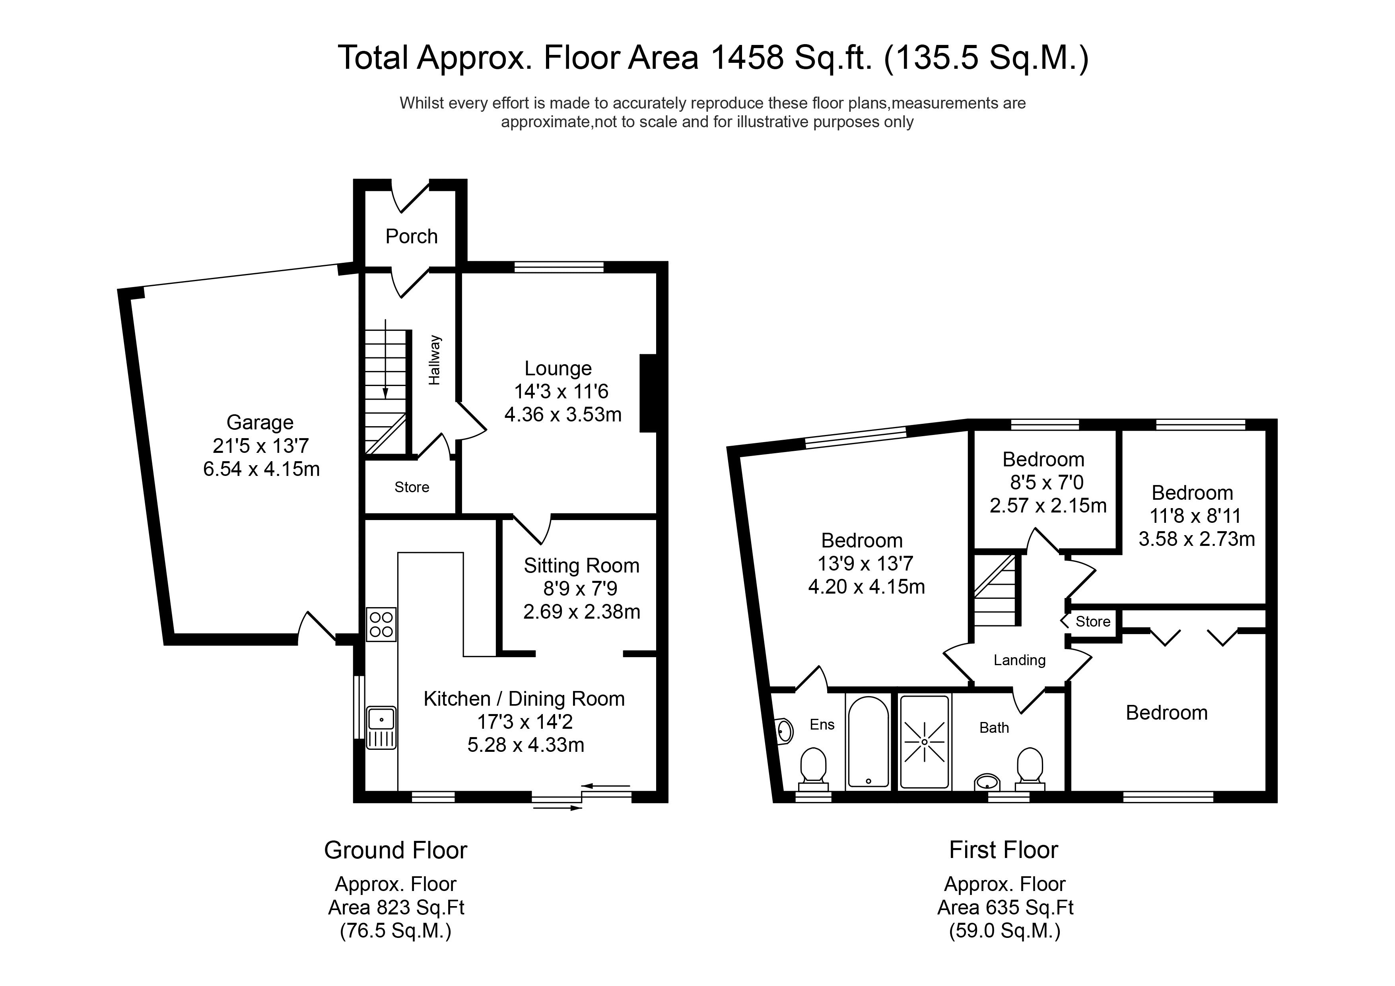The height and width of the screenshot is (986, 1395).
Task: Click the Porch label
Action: [x=411, y=236]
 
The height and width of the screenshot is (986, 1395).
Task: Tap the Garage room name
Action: [x=260, y=422]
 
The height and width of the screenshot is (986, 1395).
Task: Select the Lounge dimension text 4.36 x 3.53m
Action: [x=563, y=414]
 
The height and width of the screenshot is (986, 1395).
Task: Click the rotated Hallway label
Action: [x=434, y=360]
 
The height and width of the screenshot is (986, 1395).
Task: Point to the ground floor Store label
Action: [x=412, y=487]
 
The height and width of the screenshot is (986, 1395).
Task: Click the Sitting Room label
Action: [x=581, y=566]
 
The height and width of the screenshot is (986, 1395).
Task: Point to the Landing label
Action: [x=1020, y=660]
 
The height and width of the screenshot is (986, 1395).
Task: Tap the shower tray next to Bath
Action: [x=924, y=742]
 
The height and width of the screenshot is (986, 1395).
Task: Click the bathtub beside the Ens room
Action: [x=868, y=742]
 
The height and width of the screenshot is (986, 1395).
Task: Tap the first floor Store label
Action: [x=1093, y=621]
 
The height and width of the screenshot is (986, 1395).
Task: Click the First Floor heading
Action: [x=1004, y=850]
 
